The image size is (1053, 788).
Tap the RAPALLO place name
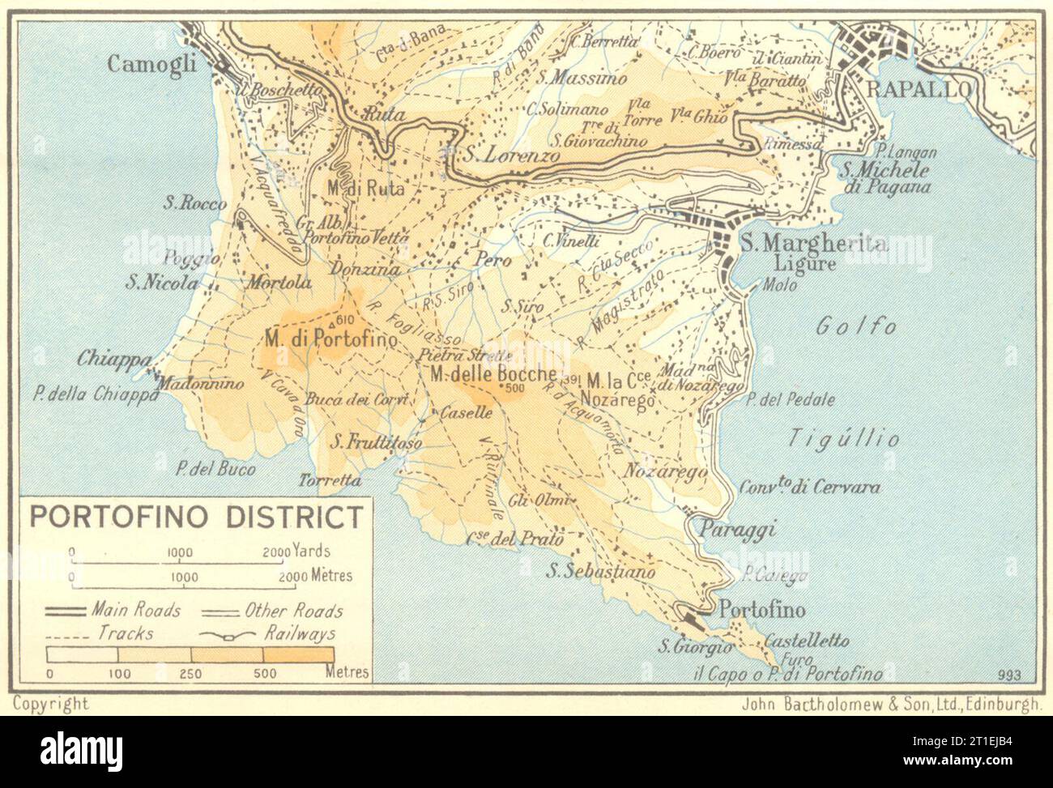[918, 89]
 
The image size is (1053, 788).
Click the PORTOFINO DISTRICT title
[197, 516]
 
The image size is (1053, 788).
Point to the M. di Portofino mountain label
[330, 340]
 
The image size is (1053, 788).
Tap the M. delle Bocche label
[493, 374]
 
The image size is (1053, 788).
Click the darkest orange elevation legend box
[298, 654]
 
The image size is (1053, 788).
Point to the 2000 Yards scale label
[296, 552]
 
